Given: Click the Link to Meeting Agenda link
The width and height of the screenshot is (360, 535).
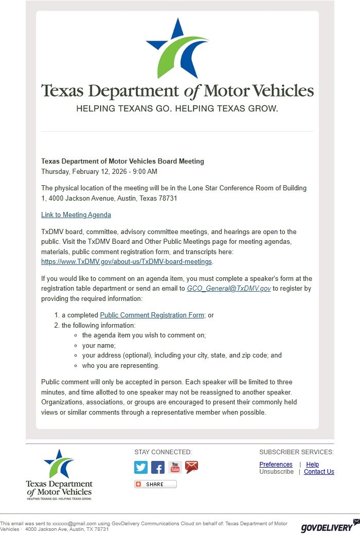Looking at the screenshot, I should point(76,215).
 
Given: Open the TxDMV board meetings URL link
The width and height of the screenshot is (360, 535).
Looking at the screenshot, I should point(127,262).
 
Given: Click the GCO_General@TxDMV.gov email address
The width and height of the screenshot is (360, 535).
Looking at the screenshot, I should point(229,289).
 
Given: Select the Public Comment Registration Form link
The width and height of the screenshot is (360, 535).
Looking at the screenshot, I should point(152,315).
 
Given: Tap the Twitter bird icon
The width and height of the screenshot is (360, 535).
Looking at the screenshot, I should point(141,467).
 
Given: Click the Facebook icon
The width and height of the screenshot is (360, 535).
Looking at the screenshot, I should point(158,467).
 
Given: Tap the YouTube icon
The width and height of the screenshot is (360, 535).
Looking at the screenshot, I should point(175,467).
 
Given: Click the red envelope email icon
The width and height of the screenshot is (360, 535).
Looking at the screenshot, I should point(192,467).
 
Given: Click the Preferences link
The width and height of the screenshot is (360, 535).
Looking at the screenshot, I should point(276,465).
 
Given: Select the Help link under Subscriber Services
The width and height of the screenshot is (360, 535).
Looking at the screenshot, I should point(313,465).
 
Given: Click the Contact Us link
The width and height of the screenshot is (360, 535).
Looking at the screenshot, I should point(319,472).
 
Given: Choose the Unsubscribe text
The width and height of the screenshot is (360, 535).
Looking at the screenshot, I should point(276,472).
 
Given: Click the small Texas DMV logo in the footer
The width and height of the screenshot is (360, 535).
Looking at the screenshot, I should point(59,474).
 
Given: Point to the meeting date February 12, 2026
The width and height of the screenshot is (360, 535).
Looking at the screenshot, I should point(99,171).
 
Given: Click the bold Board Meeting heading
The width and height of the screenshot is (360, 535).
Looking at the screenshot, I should point(122,161).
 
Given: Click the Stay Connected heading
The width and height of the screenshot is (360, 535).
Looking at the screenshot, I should point(163,452).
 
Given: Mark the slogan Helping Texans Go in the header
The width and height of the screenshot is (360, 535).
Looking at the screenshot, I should point(177,109).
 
